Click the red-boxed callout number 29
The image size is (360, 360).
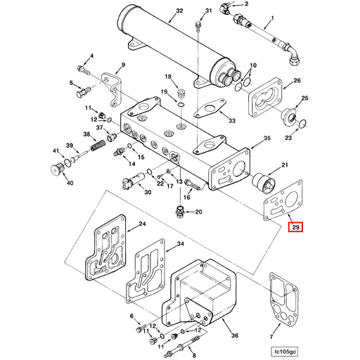tap(296, 227)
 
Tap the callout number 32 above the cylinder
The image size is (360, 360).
tap(179, 11)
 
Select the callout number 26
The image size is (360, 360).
tap(297, 81)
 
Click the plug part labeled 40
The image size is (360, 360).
tap(58, 169)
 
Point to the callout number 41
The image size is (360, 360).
tap(55, 151)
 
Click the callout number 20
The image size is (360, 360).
tap(198, 212)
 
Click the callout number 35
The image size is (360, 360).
tap(266, 139)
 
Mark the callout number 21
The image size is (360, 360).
tap(285, 165)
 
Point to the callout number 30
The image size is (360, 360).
tap(147, 191)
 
